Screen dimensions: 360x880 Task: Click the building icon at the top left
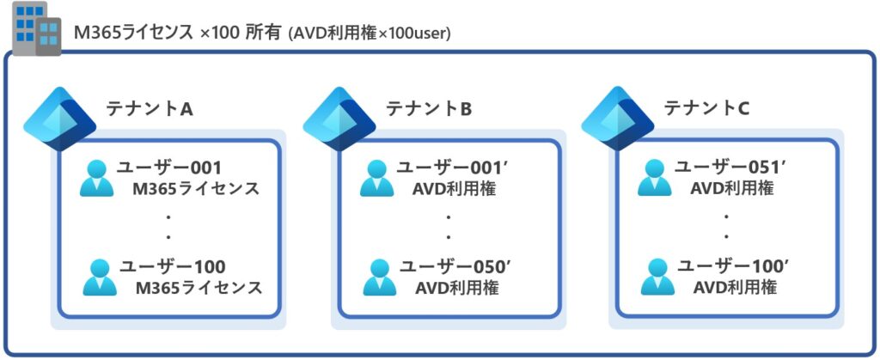point(37,30)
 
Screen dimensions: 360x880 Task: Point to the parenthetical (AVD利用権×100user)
point(370,34)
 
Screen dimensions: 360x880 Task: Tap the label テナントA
point(148,108)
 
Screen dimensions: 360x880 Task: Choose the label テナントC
point(706,108)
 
